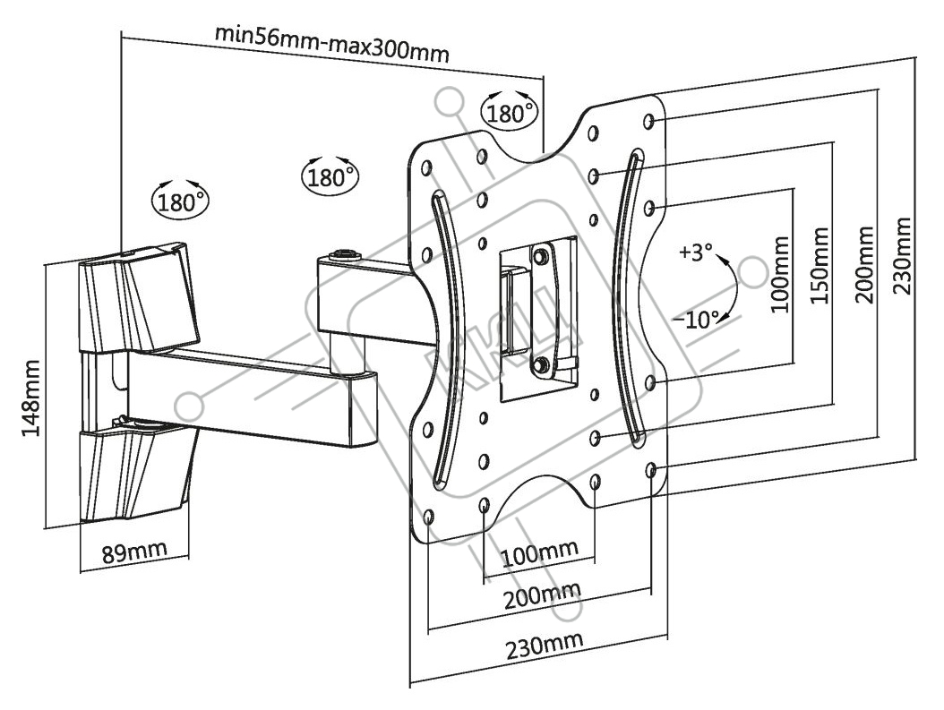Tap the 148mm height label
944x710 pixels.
click(30, 398)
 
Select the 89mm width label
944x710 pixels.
click(133, 552)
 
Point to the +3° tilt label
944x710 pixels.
click(695, 252)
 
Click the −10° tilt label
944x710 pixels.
click(696, 320)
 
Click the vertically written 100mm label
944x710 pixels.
click(780, 274)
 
